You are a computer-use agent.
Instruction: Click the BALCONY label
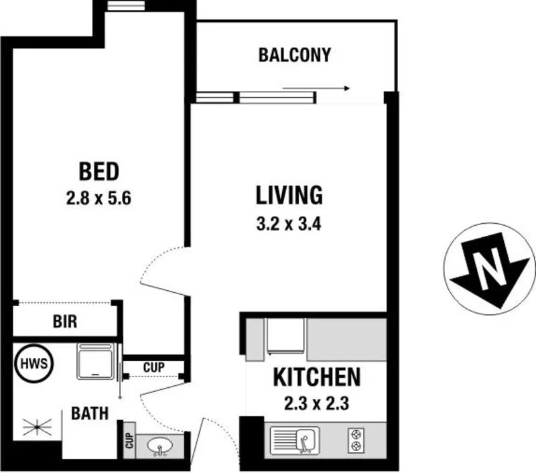pyautogui.click(x=294, y=55)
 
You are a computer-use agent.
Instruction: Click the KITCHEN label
pyautogui.click(x=316, y=377)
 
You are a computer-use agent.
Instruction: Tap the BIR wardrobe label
pyautogui.click(x=65, y=322)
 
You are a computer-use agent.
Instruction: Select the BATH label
pyautogui.click(x=90, y=413)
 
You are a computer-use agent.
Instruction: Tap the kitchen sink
pyautogui.click(x=295, y=440)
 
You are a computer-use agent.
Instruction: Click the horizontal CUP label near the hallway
pyautogui.click(x=153, y=367)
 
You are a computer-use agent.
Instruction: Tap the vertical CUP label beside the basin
pyautogui.click(x=128, y=441)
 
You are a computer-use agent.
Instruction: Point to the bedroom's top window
pyautogui.click(x=126, y=7)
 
